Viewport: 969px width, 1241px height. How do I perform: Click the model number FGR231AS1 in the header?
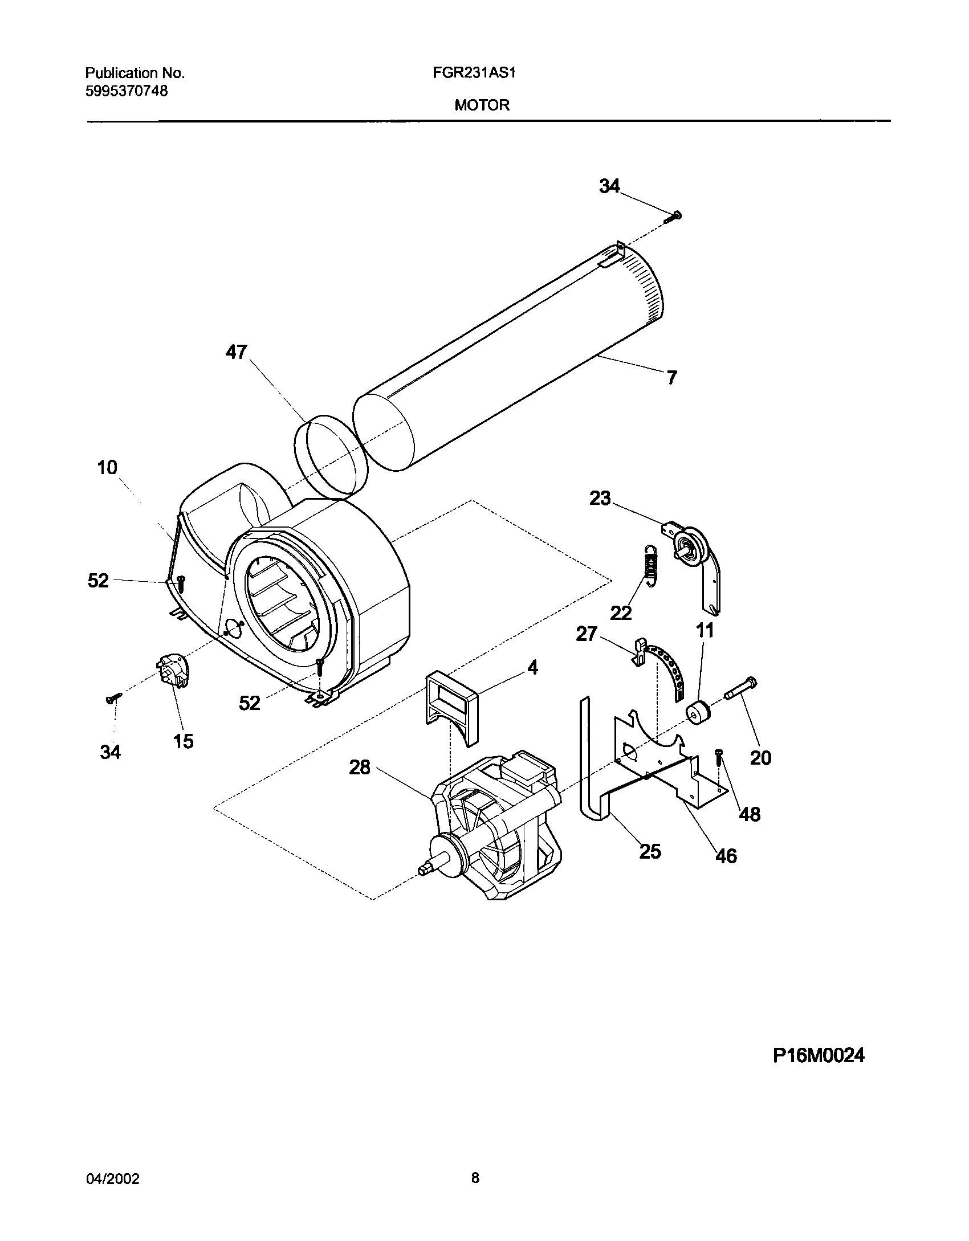(482, 73)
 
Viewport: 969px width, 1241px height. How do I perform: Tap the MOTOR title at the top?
(482, 105)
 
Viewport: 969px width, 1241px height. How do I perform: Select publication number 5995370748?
(127, 91)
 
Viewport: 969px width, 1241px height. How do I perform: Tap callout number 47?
(236, 352)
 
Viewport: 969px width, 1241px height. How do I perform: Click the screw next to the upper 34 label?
(674, 217)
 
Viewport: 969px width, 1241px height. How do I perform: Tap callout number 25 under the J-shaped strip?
(650, 851)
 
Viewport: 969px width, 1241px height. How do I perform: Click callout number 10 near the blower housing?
(107, 468)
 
